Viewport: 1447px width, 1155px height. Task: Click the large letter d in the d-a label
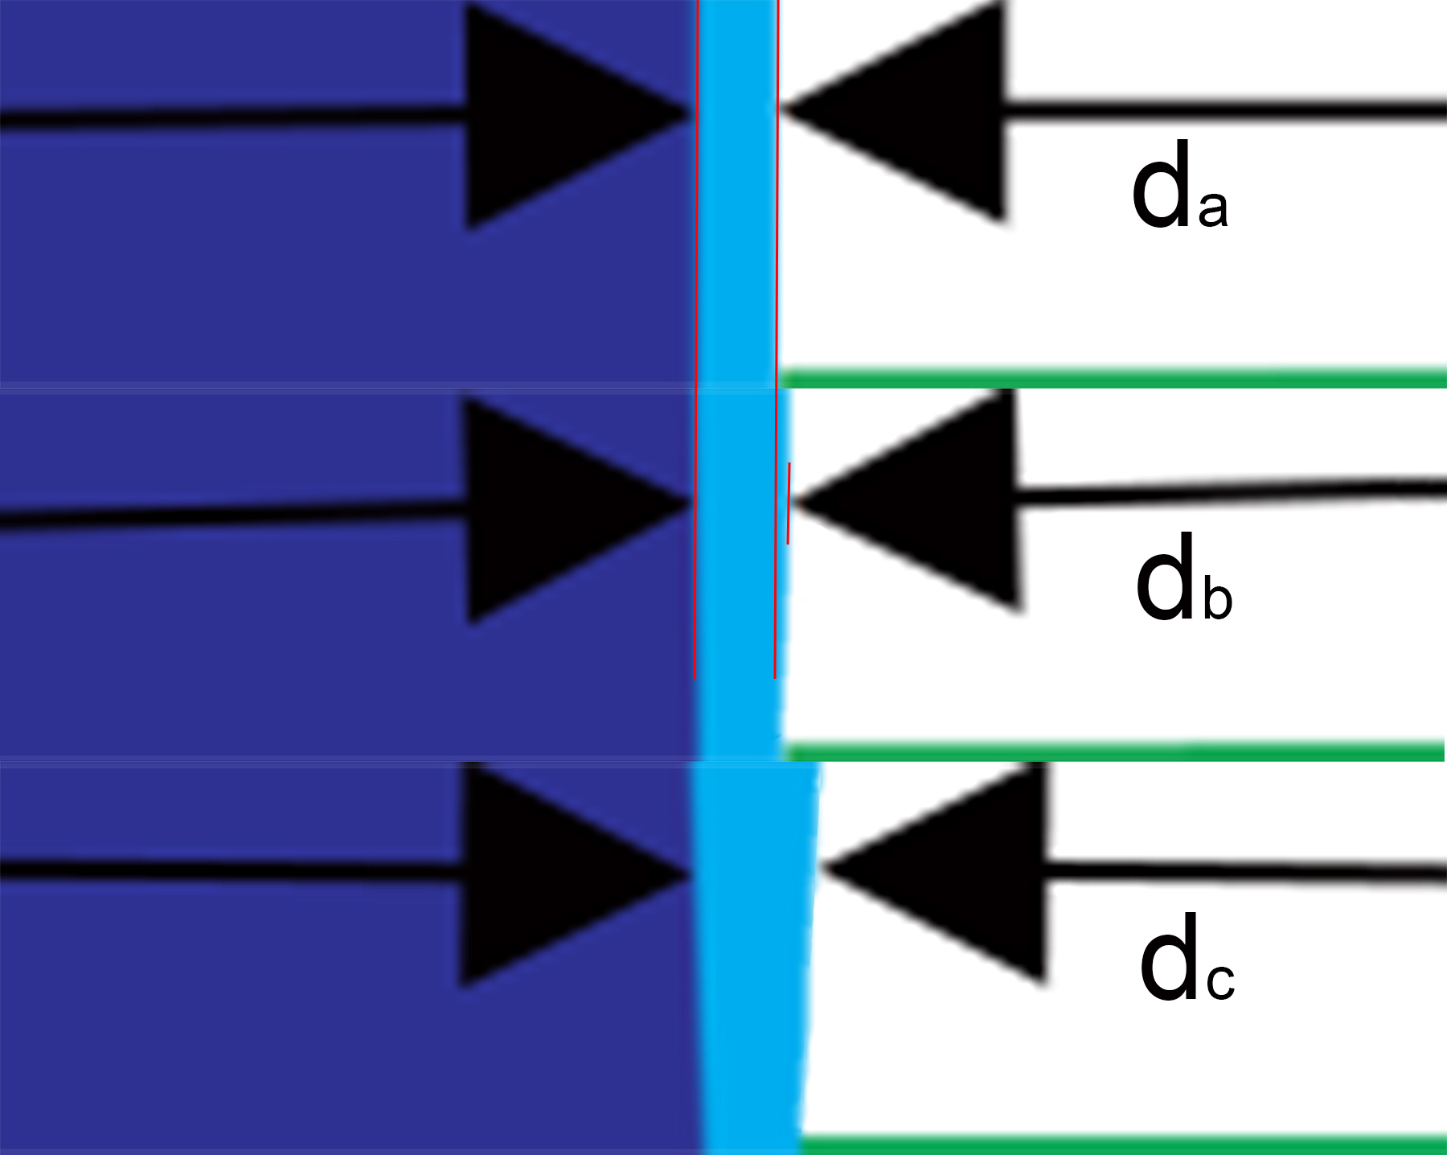point(1160,185)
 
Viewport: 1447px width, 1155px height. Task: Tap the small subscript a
point(1213,208)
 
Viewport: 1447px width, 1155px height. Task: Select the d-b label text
point(1183,577)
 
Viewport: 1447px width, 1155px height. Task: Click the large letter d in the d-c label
point(1168,958)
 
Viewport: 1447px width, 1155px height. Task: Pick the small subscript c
point(1220,982)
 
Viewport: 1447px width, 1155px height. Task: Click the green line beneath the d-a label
point(1113,377)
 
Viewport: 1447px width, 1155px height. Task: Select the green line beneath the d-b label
point(1113,753)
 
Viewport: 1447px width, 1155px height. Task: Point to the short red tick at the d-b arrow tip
point(789,504)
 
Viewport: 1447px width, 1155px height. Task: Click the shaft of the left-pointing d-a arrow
point(1222,110)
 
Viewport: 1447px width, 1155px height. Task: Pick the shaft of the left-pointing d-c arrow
point(1246,874)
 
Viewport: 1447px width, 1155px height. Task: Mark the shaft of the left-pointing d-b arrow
point(1230,491)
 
